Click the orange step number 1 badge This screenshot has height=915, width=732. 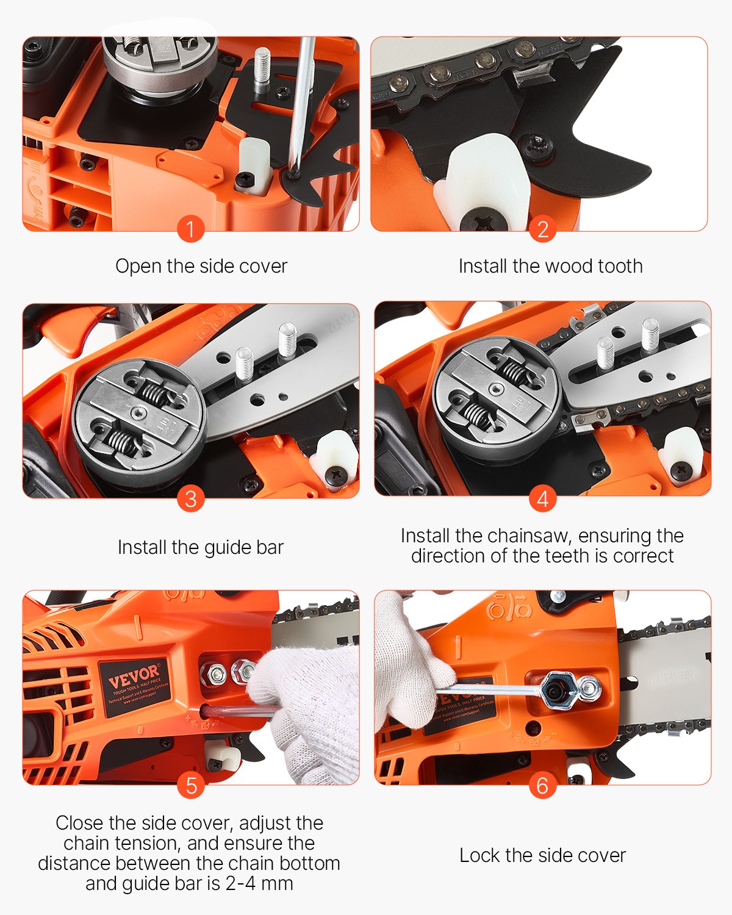(x=190, y=229)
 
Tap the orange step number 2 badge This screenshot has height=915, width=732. (x=542, y=229)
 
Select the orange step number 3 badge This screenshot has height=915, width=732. (x=190, y=499)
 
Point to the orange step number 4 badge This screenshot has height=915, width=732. (x=542, y=499)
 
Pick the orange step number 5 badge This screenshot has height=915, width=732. (x=190, y=786)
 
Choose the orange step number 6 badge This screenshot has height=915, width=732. (x=542, y=786)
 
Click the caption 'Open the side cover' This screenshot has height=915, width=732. (x=201, y=266)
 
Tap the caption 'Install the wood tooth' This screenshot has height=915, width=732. (x=550, y=266)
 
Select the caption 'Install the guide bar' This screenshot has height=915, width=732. (x=201, y=547)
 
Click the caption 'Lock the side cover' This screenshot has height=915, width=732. (x=542, y=855)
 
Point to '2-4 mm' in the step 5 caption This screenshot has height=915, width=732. (x=259, y=883)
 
